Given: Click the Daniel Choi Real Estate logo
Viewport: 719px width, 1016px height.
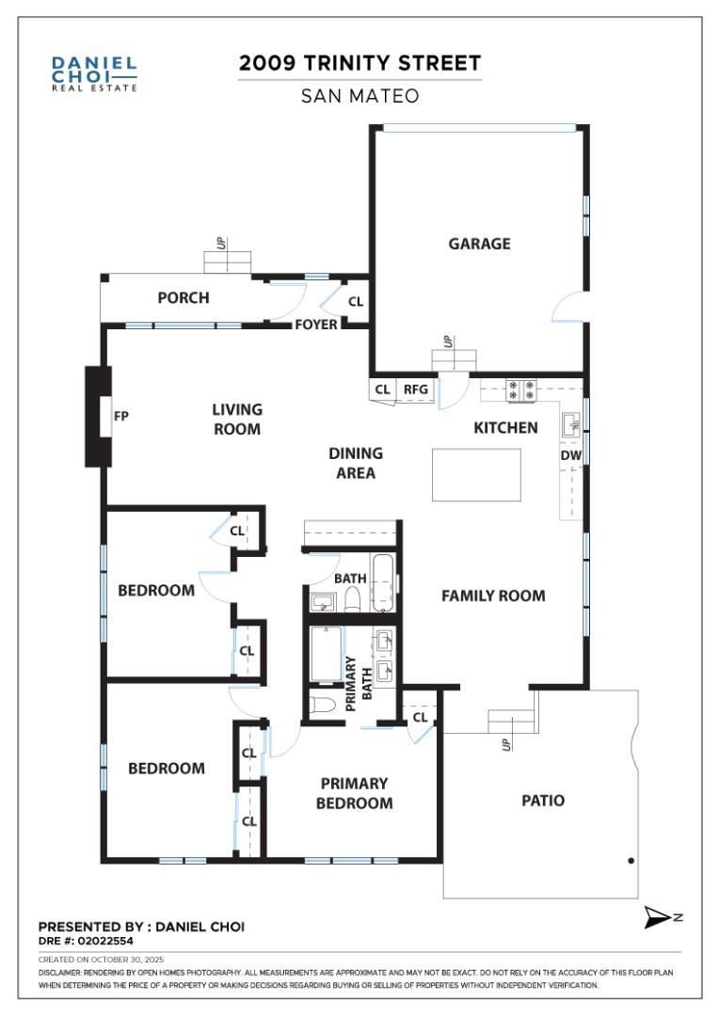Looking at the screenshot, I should click(x=94, y=73).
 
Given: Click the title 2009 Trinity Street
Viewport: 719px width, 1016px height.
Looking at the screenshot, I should click(x=359, y=63).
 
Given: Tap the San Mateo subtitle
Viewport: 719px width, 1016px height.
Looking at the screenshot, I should click(x=359, y=96).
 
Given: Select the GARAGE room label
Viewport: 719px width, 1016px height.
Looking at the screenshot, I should click(x=479, y=244).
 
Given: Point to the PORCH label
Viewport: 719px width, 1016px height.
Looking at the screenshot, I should click(x=183, y=298).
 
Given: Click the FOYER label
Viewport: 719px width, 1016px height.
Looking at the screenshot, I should click(x=316, y=325).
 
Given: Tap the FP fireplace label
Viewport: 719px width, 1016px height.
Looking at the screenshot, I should click(x=121, y=415).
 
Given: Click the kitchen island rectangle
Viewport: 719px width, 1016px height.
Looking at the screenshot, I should click(x=476, y=474).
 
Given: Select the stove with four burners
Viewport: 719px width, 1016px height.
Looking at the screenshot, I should click(x=520, y=389).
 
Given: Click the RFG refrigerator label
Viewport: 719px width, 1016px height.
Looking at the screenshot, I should click(x=415, y=389).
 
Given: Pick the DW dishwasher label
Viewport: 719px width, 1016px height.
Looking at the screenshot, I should click(x=570, y=455).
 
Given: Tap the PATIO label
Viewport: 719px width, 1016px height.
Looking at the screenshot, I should click(x=543, y=801).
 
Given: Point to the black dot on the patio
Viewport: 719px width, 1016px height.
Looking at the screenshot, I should click(x=631, y=860).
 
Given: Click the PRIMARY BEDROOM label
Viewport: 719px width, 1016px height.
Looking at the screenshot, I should click(x=354, y=793).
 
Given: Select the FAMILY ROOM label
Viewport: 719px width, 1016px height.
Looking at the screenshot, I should click(x=493, y=595).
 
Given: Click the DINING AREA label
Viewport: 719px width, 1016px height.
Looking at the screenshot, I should click(x=356, y=463).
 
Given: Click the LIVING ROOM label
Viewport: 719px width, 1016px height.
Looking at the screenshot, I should click(x=236, y=419).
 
